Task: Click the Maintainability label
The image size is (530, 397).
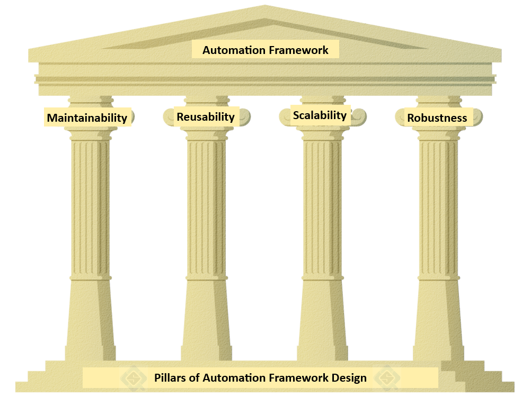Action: pyautogui.click(x=87, y=118)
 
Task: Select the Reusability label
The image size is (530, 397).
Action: pyautogui.click(x=206, y=116)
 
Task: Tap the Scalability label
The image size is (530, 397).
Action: pyautogui.click(x=320, y=115)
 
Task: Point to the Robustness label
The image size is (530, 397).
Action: pyautogui.click(x=437, y=118)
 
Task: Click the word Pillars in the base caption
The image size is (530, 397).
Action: pyautogui.click(x=170, y=378)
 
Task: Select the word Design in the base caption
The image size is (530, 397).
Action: pyautogui.click(x=348, y=378)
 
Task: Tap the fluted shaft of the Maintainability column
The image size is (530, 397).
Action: pyautogui.click(x=90, y=206)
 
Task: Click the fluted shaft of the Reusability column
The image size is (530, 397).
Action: pyautogui.click(x=206, y=206)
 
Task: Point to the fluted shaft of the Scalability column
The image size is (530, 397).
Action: pyautogui.click(x=322, y=206)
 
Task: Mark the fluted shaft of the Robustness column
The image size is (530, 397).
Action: pyautogui.click(x=438, y=206)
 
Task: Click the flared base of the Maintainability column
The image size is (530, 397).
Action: pyautogui.click(x=90, y=323)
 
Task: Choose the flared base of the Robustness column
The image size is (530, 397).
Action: pyautogui.click(x=438, y=323)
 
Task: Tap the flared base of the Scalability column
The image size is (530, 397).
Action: pyautogui.click(x=322, y=323)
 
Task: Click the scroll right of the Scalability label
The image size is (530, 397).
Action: pyautogui.click(x=358, y=115)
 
